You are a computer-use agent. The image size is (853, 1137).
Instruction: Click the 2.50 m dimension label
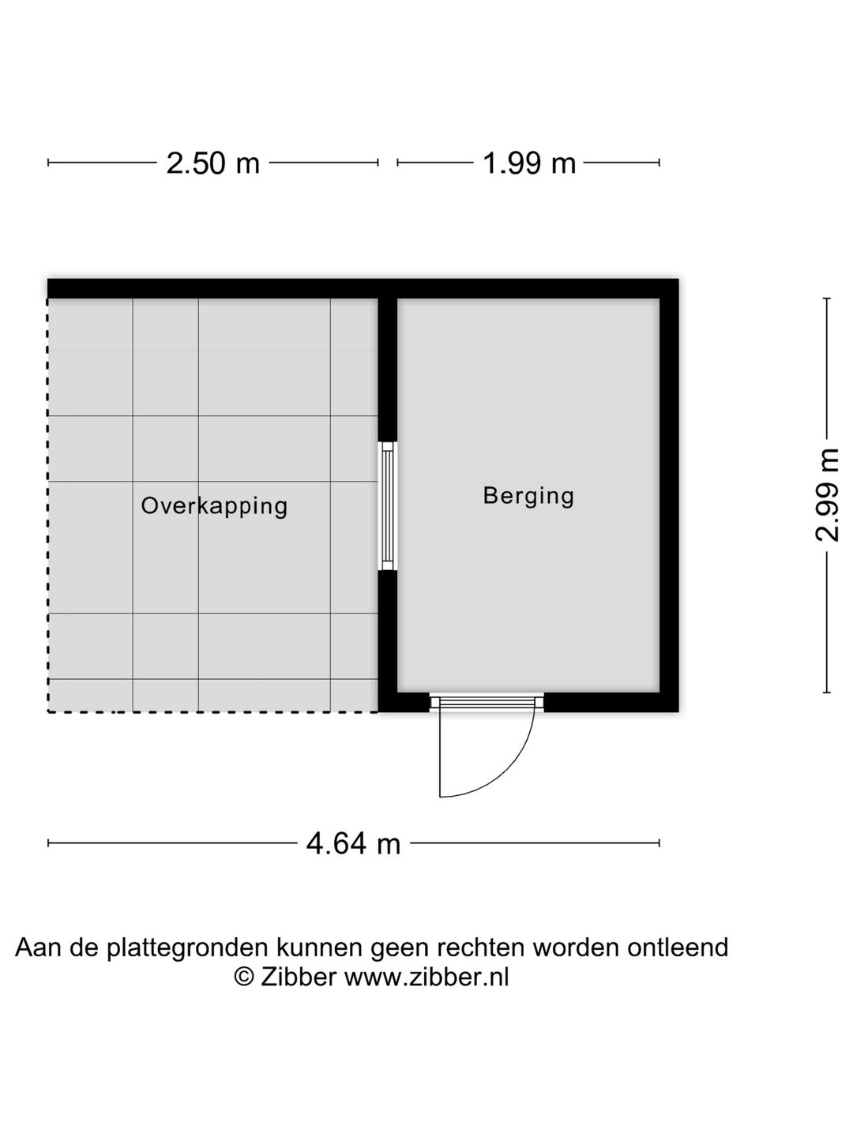point(213,163)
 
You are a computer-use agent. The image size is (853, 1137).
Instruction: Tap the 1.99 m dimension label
point(529,163)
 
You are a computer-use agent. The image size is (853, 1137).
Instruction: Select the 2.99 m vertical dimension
point(827,495)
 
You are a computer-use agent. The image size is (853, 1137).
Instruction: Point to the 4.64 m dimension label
point(353,843)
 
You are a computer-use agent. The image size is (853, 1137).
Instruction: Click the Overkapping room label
point(214,505)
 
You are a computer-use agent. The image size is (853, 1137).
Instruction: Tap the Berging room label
point(528,496)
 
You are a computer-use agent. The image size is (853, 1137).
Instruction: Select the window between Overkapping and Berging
point(387,506)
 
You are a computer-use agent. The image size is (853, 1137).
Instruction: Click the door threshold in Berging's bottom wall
point(487,701)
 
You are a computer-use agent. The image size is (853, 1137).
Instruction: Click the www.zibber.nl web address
point(427,977)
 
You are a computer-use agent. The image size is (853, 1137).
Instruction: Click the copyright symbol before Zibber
point(244,977)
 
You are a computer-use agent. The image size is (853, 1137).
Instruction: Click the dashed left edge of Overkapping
point(48,505)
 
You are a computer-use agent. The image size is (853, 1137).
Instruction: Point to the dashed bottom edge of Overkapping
point(213,712)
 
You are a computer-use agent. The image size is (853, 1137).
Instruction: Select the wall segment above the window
point(387,370)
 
